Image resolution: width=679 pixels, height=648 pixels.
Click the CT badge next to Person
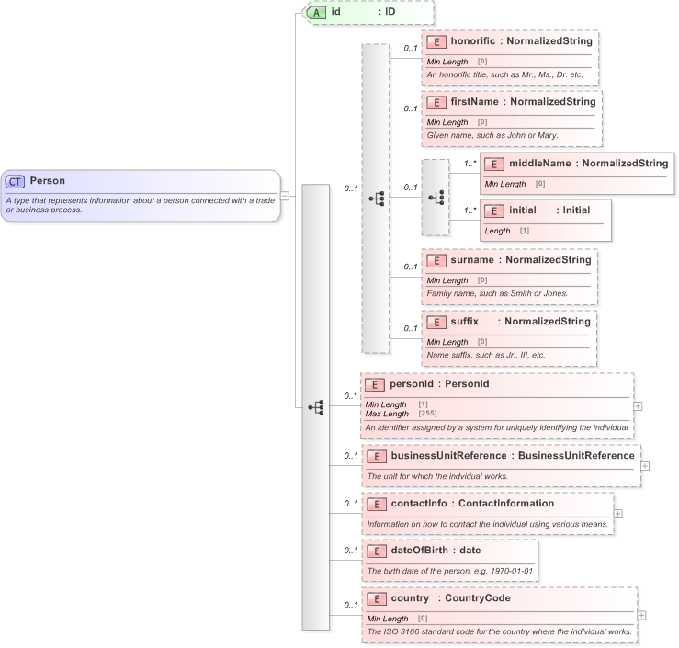click(x=16, y=181)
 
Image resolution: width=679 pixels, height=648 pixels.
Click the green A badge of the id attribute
click(x=316, y=13)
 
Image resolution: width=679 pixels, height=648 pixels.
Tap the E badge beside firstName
click(x=436, y=102)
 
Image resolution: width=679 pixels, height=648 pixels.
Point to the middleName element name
click(x=539, y=164)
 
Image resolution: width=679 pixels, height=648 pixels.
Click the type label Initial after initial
click(x=576, y=210)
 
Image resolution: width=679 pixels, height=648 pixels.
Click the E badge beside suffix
click(x=436, y=322)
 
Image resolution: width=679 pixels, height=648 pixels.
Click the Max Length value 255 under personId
click(x=427, y=414)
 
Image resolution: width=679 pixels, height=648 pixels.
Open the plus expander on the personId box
click(x=638, y=405)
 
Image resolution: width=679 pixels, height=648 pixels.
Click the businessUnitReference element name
click(x=448, y=455)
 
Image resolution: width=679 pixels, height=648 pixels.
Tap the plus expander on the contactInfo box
click(x=617, y=514)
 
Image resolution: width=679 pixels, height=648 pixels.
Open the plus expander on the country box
click(x=641, y=615)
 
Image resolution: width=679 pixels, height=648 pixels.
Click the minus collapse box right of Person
click(x=285, y=195)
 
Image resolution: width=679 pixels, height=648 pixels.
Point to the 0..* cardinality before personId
click(x=350, y=396)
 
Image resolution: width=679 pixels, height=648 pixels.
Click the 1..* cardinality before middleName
click(x=470, y=164)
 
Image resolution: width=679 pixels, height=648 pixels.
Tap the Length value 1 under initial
click(x=525, y=230)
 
